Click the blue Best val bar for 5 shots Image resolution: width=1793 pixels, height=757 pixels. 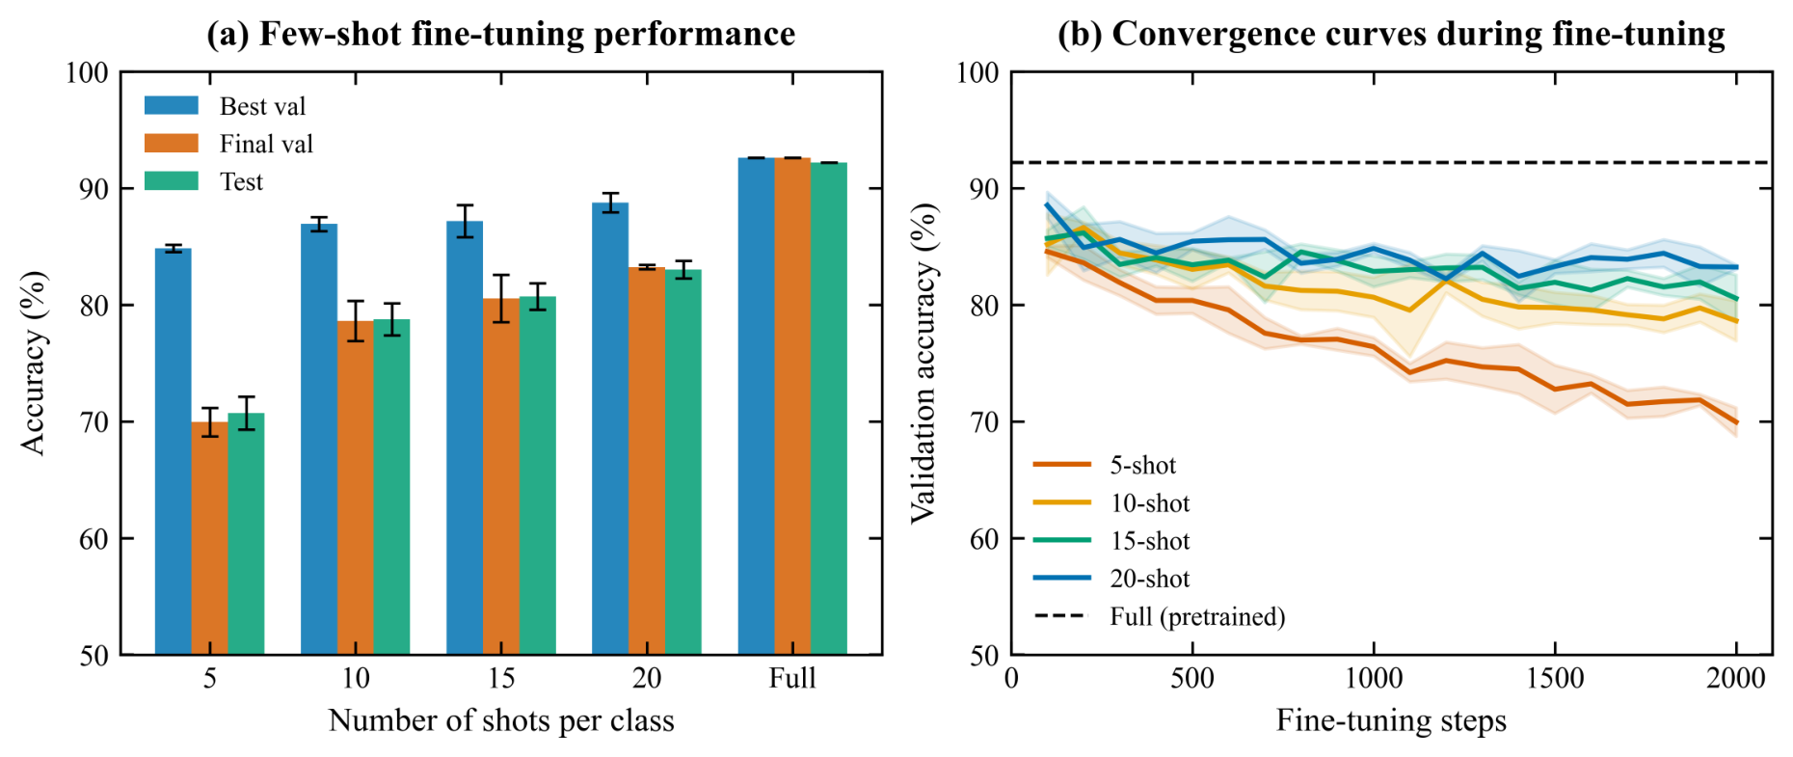click(x=174, y=451)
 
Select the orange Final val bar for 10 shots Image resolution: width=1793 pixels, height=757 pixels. click(x=356, y=488)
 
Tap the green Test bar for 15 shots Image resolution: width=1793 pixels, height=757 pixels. click(x=538, y=475)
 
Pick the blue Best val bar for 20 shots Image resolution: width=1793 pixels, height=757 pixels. click(x=610, y=429)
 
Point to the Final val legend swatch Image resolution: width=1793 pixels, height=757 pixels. click(x=172, y=144)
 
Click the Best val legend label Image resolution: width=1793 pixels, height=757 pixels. click(x=262, y=106)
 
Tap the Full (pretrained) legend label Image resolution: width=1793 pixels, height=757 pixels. click(x=1197, y=616)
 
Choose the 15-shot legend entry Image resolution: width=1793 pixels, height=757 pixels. click(x=1111, y=541)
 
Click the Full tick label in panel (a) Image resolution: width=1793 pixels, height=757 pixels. click(x=792, y=678)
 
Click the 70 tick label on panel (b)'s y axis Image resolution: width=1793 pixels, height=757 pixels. click(x=984, y=421)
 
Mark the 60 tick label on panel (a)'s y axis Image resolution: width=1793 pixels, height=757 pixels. click(x=94, y=538)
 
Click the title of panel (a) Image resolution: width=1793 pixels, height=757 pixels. click(x=501, y=34)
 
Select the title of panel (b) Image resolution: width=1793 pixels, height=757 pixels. click(x=1391, y=34)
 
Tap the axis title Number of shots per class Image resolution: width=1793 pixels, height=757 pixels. click(x=501, y=720)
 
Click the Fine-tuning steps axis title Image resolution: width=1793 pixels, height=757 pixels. click(x=1391, y=720)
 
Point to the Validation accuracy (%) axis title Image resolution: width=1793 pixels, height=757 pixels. click(x=924, y=364)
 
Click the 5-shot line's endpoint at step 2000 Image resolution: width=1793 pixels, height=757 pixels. click(x=1736, y=422)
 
